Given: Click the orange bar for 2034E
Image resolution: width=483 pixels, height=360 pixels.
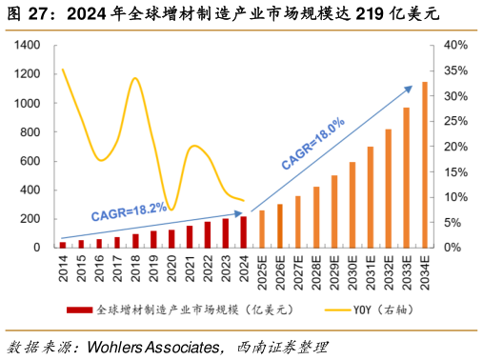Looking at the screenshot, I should pyautogui.click(x=425, y=165).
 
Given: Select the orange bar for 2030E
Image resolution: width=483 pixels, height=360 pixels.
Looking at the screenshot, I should pyautogui.click(x=352, y=205).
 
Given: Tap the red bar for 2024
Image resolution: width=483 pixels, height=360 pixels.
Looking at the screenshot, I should pyautogui.click(x=244, y=232).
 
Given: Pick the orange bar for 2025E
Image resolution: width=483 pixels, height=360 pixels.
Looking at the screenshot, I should pyautogui.click(x=262, y=229).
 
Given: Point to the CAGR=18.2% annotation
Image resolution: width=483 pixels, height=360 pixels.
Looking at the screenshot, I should pyautogui.click(x=129, y=210).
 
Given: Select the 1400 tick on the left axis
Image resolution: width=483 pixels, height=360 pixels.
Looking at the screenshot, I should pyautogui.click(x=27, y=45).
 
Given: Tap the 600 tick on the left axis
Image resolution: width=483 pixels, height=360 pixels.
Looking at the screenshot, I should pyautogui.click(x=30, y=161).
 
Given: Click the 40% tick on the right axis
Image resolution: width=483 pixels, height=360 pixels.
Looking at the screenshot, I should pyautogui.click(x=453, y=45).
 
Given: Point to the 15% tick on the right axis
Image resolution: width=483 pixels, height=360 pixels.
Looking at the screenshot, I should pyautogui.click(x=453, y=171).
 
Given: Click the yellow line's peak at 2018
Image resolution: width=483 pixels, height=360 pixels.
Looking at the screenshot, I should pyautogui.click(x=134, y=78).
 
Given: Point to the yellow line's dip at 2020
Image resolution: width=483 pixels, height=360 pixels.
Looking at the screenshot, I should pyautogui.click(x=171, y=209).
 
